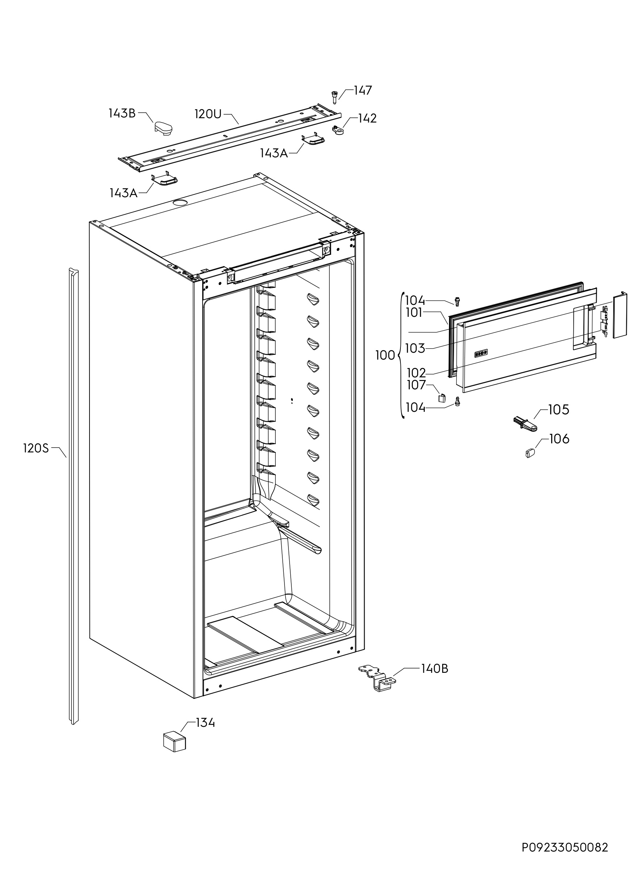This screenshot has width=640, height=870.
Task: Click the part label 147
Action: point(363,90)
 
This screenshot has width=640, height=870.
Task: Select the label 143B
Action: point(122,113)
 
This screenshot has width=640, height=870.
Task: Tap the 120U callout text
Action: point(208,114)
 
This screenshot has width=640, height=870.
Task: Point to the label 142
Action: point(367,118)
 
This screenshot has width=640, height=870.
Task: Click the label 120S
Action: point(36,448)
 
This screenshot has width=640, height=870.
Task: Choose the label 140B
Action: point(435,636)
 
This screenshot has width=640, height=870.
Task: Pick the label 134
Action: point(205,723)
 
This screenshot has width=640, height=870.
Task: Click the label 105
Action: point(559,410)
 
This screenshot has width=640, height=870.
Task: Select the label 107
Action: point(416,385)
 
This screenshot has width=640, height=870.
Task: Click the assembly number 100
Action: point(385,355)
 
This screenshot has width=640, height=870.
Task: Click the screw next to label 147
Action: point(334,96)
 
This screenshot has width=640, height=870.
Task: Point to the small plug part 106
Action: point(530,452)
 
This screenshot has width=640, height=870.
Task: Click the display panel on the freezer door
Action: point(481,353)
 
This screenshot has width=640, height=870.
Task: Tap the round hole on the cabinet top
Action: point(180,202)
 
